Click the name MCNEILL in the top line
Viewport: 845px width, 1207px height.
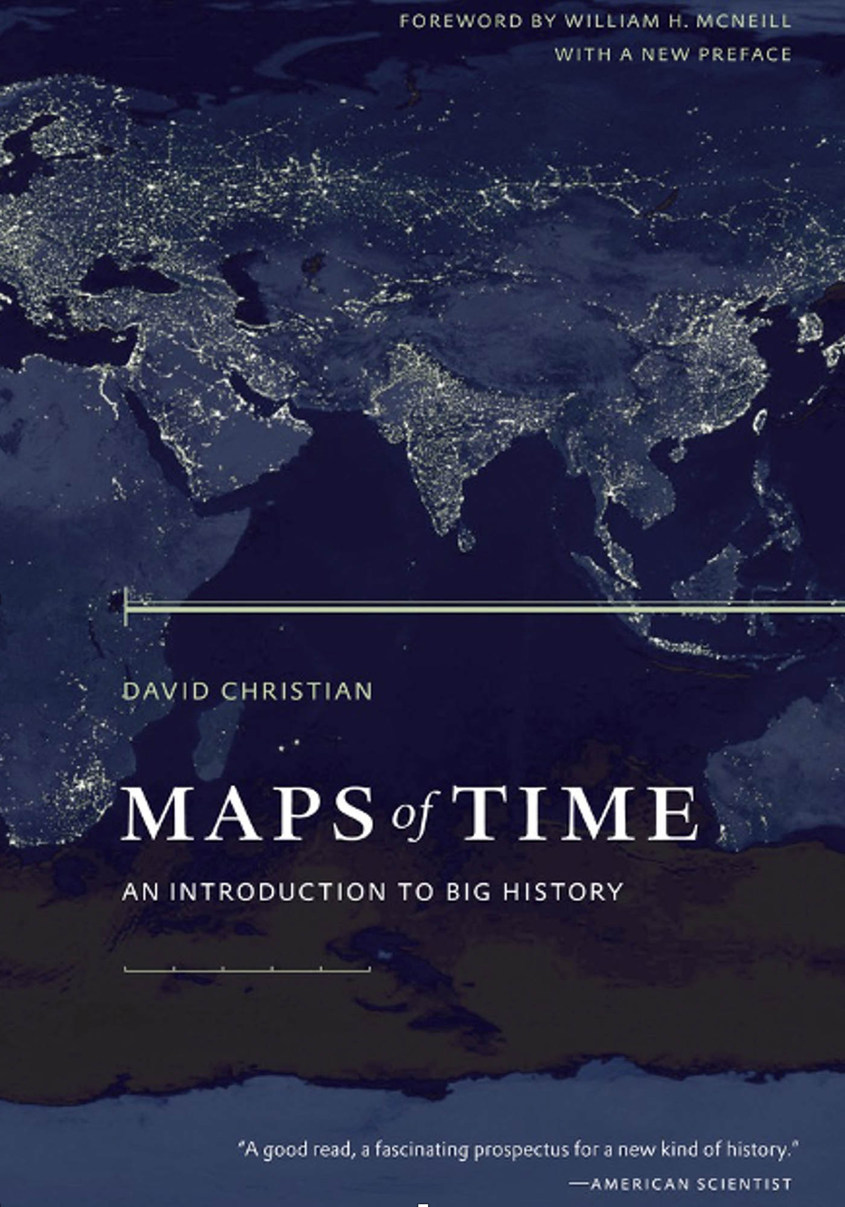(x=744, y=22)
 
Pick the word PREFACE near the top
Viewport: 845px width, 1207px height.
(x=744, y=55)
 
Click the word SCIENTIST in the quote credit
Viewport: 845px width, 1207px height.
(x=744, y=1183)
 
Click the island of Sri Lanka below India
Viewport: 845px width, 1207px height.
(x=465, y=539)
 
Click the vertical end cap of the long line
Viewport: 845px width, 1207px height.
(x=126, y=607)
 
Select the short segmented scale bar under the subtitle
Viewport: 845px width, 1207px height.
(x=247, y=970)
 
